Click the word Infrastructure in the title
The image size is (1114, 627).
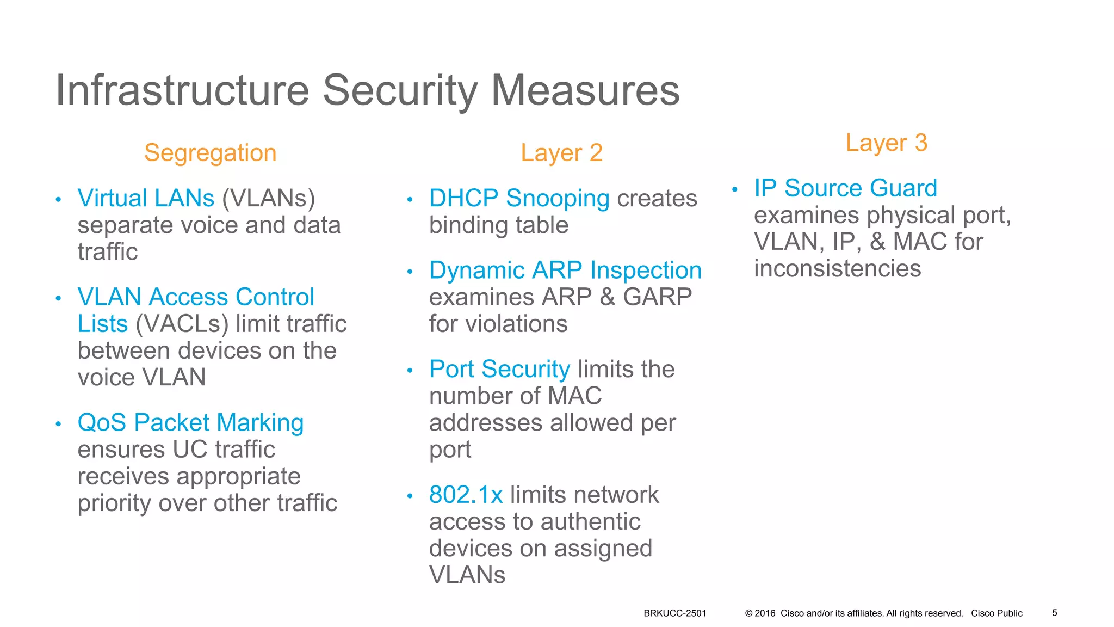182,90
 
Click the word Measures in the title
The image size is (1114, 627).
585,90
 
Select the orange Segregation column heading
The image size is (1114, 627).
210,153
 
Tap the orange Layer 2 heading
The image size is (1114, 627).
561,153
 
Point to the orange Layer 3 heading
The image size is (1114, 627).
886,143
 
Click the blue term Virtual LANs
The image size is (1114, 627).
146,198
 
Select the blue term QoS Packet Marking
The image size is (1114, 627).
190,423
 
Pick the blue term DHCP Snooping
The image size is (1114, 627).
519,199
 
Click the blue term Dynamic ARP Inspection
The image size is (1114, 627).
565,271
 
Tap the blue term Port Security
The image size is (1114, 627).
499,370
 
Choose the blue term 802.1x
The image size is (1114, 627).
466,495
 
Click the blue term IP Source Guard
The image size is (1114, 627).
845,188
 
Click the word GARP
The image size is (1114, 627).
657,297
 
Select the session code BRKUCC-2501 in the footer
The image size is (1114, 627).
674,613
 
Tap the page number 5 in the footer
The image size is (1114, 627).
1054,613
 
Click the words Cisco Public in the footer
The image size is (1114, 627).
997,613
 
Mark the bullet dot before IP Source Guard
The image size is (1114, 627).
734,190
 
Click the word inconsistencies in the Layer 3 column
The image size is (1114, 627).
837,269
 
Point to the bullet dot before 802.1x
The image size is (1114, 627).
410,496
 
